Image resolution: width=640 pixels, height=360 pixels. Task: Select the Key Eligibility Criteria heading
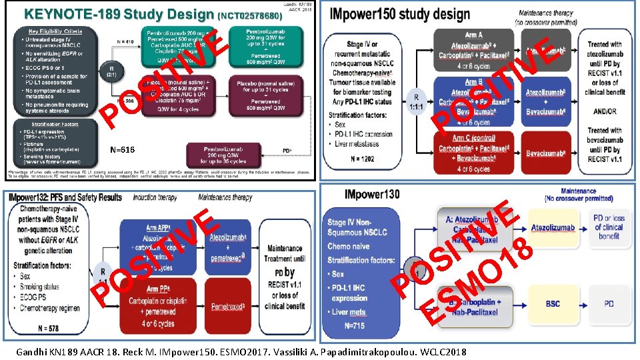tap(55, 31)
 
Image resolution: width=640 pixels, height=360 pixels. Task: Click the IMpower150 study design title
tap(397, 14)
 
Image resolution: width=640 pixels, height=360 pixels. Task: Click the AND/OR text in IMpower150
tap(606, 112)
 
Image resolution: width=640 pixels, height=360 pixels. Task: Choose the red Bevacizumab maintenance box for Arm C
tap(546, 154)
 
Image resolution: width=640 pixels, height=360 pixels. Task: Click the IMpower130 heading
tap(372, 195)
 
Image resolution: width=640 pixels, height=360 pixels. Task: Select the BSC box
tap(553, 303)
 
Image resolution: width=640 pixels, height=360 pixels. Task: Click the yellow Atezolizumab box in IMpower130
tap(553, 228)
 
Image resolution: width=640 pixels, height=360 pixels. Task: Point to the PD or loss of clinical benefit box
tap(609, 227)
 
